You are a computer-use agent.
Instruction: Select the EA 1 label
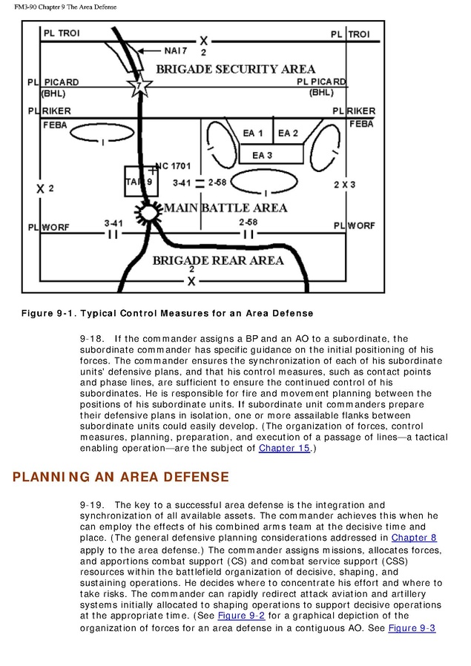pos(253,133)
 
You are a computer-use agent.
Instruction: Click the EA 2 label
pos(288,133)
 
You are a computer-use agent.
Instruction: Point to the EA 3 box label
pos(262,155)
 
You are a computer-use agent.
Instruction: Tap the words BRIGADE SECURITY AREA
pos(225,70)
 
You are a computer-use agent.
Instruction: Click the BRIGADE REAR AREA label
pos(218,260)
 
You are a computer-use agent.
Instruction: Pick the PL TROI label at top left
pos(61,34)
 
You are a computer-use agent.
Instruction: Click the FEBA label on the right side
pos(361,124)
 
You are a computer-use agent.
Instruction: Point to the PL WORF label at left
pos(49,226)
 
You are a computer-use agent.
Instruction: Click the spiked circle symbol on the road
pos(149,212)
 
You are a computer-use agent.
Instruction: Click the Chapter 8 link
pos(413,538)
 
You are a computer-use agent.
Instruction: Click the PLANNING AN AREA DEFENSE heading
pos(121,477)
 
